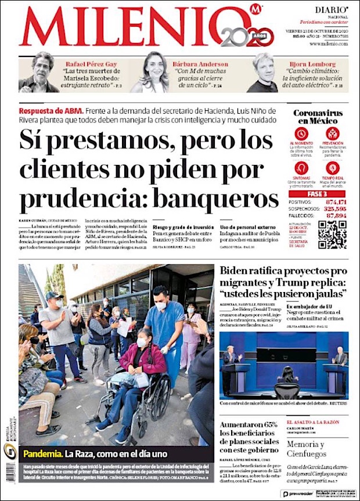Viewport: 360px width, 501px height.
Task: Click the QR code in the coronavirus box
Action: [332, 234]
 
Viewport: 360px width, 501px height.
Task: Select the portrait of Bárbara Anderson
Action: [149, 72]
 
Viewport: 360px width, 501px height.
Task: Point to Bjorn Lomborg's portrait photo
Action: [262, 73]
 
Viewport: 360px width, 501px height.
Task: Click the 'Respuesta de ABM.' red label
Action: [51, 110]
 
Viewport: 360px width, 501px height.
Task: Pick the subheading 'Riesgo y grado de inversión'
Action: [183, 227]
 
